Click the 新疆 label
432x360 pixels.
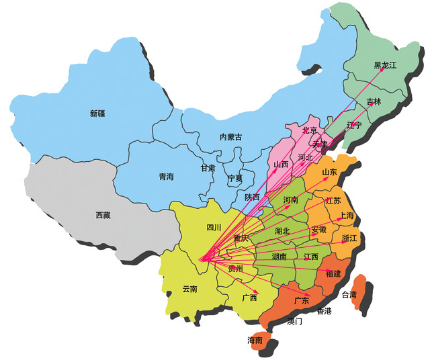tap(97, 114)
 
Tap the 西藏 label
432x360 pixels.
tap(103, 216)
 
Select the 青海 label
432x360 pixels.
tap(166, 177)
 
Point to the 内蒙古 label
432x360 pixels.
tap(230, 137)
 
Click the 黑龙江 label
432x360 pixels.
tap(386, 65)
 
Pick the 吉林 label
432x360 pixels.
tap(374, 101)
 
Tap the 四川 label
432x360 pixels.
tap(214, 227)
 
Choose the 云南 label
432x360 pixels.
tap(189, 289)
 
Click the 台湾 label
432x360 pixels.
tap(350, 295)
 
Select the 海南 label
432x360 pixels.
tap(255, 339)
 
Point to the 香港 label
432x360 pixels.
tap(324, 311)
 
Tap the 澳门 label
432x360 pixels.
tap(294, 321)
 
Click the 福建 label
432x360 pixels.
tap(333, 274)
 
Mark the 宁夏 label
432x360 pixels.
tap(235, 179)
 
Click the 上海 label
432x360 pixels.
tap(347, 216)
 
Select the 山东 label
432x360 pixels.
tap(329, 173)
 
